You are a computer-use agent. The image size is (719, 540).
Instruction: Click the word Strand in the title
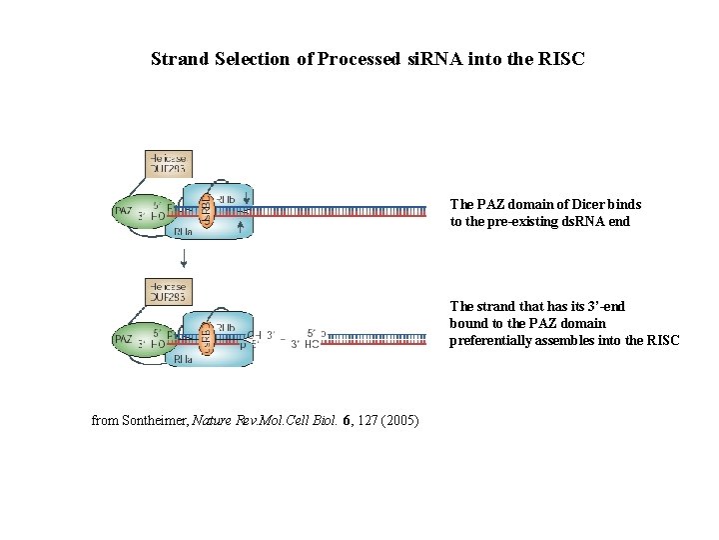180,59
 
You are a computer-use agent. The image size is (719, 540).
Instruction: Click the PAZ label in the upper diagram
122,211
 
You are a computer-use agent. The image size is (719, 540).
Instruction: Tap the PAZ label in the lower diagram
122,340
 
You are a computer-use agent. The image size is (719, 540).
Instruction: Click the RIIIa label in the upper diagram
183,231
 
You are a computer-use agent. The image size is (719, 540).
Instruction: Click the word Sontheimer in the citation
155,420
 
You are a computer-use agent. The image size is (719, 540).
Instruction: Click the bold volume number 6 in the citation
346,420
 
